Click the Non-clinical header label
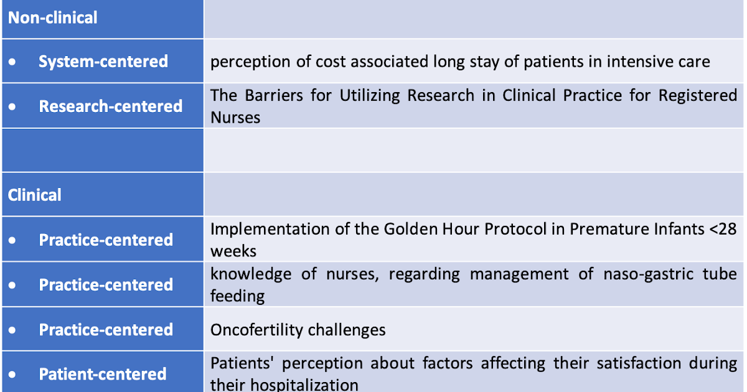point(53,17)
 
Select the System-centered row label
point(103,62)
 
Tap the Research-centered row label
point(110,106)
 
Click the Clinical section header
point(35,195)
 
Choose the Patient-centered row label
point(103,375)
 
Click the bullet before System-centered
point(13,62)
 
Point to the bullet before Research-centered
point(13,106)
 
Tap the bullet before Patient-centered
point(13,375)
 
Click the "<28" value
point(723,229)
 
